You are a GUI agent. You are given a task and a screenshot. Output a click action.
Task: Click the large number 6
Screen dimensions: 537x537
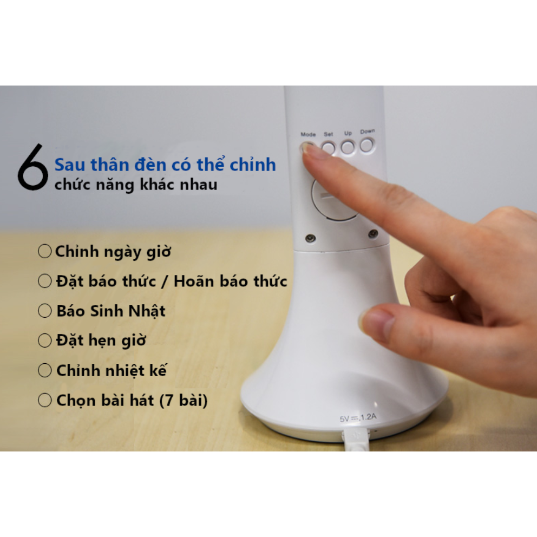pyautogui.click(x=33, y=167)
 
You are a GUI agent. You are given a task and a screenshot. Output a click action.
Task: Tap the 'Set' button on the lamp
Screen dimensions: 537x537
pyautogui.click(x=328, y=148)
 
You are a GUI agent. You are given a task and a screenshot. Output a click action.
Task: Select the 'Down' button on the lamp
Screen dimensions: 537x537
pyautogui.click(x=367, y=145)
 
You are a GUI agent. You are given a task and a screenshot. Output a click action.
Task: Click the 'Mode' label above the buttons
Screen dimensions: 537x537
pyautogui.click(x=308, y=134)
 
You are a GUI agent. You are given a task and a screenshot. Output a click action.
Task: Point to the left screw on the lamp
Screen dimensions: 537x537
pyautogui.click(x=310, y=238)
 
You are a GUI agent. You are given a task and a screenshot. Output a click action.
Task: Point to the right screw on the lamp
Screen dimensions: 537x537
pyautogui.click(x=373, y=233)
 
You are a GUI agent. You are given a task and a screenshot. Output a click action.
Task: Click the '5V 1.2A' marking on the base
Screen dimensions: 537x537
pyautogui.click(x=358, y=417)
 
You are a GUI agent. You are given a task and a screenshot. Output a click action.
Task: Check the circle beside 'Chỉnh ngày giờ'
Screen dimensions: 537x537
pyautogui.click(x=44, y=251)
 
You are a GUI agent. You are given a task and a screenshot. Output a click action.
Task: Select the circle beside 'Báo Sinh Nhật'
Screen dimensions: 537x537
pyautogui.click(x=44, y=311)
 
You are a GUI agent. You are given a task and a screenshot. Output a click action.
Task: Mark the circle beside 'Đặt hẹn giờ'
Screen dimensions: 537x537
pyautogui.click(x=44, y=340)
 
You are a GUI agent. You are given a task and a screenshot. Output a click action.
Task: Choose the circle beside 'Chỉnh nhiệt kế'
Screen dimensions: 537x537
pyautogui.click(x=44, y=370)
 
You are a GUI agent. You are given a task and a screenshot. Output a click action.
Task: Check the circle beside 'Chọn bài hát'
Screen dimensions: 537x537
pyautogui.click(x=44, y=400)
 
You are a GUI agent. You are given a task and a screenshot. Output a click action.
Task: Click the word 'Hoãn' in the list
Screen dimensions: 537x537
pyautogui.click(x=193, y=280)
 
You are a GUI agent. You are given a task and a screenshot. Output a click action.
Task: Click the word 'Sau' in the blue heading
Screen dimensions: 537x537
pyautogui.click(x=70, y=165)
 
